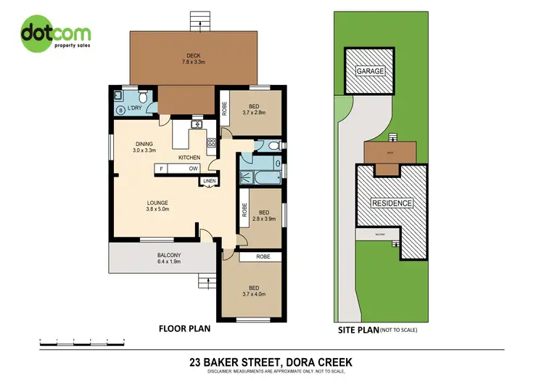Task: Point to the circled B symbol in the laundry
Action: point(120,110)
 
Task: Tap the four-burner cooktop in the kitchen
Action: point(211,142)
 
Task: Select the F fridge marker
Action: point(158,169)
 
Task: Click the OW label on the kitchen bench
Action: point(194,169)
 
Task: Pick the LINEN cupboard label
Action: point(210,181)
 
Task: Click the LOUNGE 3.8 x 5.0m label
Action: point(157,207)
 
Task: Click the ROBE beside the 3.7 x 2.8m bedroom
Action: point(226,109)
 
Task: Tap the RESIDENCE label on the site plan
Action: point(392,203)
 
